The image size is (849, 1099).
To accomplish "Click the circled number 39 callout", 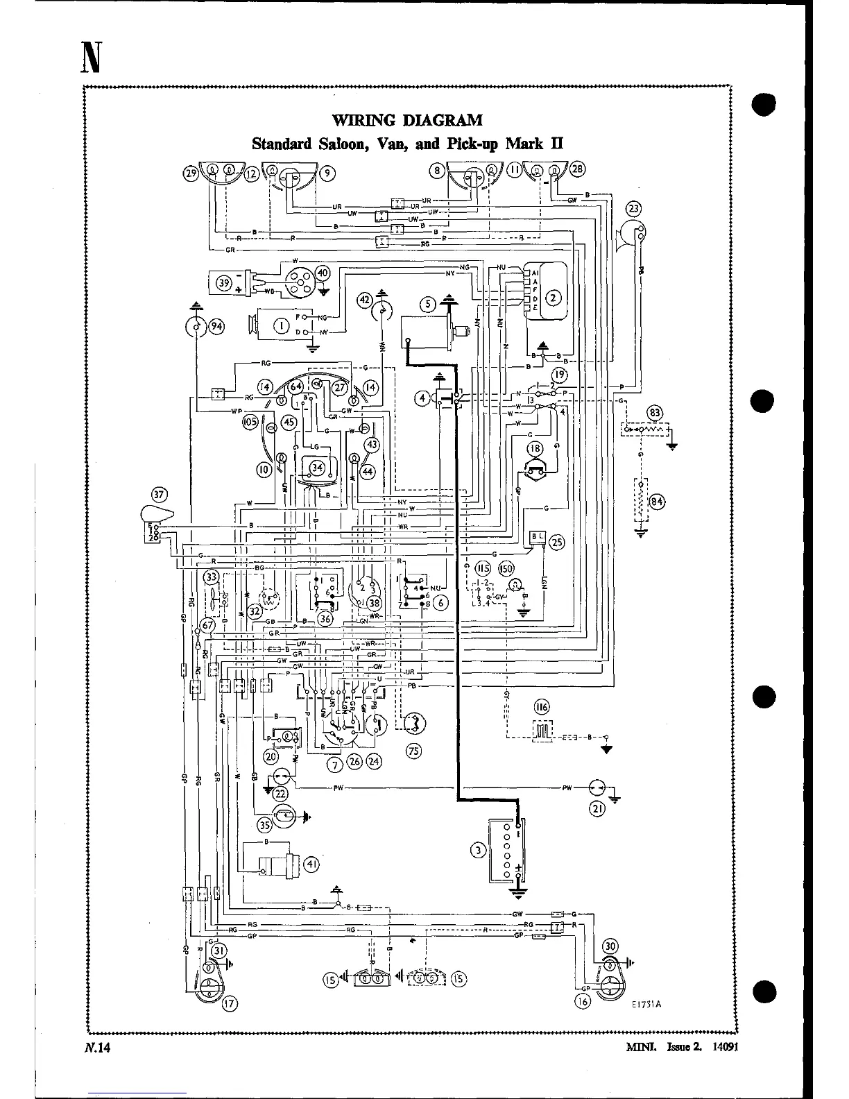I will [x=224, y=283].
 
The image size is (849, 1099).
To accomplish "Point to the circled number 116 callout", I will [x=541, y=707].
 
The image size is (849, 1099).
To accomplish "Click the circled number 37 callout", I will [x=160, y=494].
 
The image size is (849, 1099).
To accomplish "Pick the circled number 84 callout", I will [x=656, y=502].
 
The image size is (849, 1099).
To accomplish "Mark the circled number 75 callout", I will [x=414, y=751].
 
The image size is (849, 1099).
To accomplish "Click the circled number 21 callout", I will [x=597, y=808].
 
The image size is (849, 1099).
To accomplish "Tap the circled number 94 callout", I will [x=216, y=327].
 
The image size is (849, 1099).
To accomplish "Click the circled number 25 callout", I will [x=557, y=543].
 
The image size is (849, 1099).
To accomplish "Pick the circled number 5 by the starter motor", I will [x=428, y=303].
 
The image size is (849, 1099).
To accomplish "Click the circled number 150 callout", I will [x=506, y=568].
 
